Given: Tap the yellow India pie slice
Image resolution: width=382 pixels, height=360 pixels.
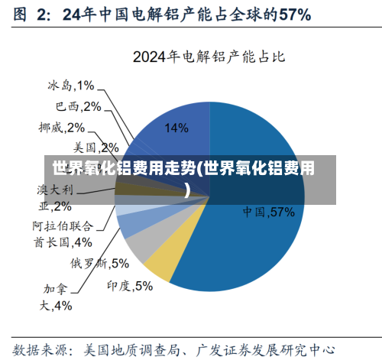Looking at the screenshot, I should coord(157,263).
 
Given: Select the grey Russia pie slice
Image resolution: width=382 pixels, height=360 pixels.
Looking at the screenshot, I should coord(139,243).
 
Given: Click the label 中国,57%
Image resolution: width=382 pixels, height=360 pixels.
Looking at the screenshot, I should coord(269,212).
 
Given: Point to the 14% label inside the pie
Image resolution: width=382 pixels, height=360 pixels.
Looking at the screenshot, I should coord(176,128).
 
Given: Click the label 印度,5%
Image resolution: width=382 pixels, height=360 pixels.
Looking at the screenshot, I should coord(130,286).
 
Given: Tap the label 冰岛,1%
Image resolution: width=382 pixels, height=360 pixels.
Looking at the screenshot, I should coord(70,86).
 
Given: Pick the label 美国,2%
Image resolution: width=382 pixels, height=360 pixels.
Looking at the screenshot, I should coord(95,146).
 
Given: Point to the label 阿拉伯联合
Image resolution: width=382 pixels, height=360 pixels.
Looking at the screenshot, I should coord(63,226).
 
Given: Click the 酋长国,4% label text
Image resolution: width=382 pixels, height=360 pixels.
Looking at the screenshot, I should coord(63,242).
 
